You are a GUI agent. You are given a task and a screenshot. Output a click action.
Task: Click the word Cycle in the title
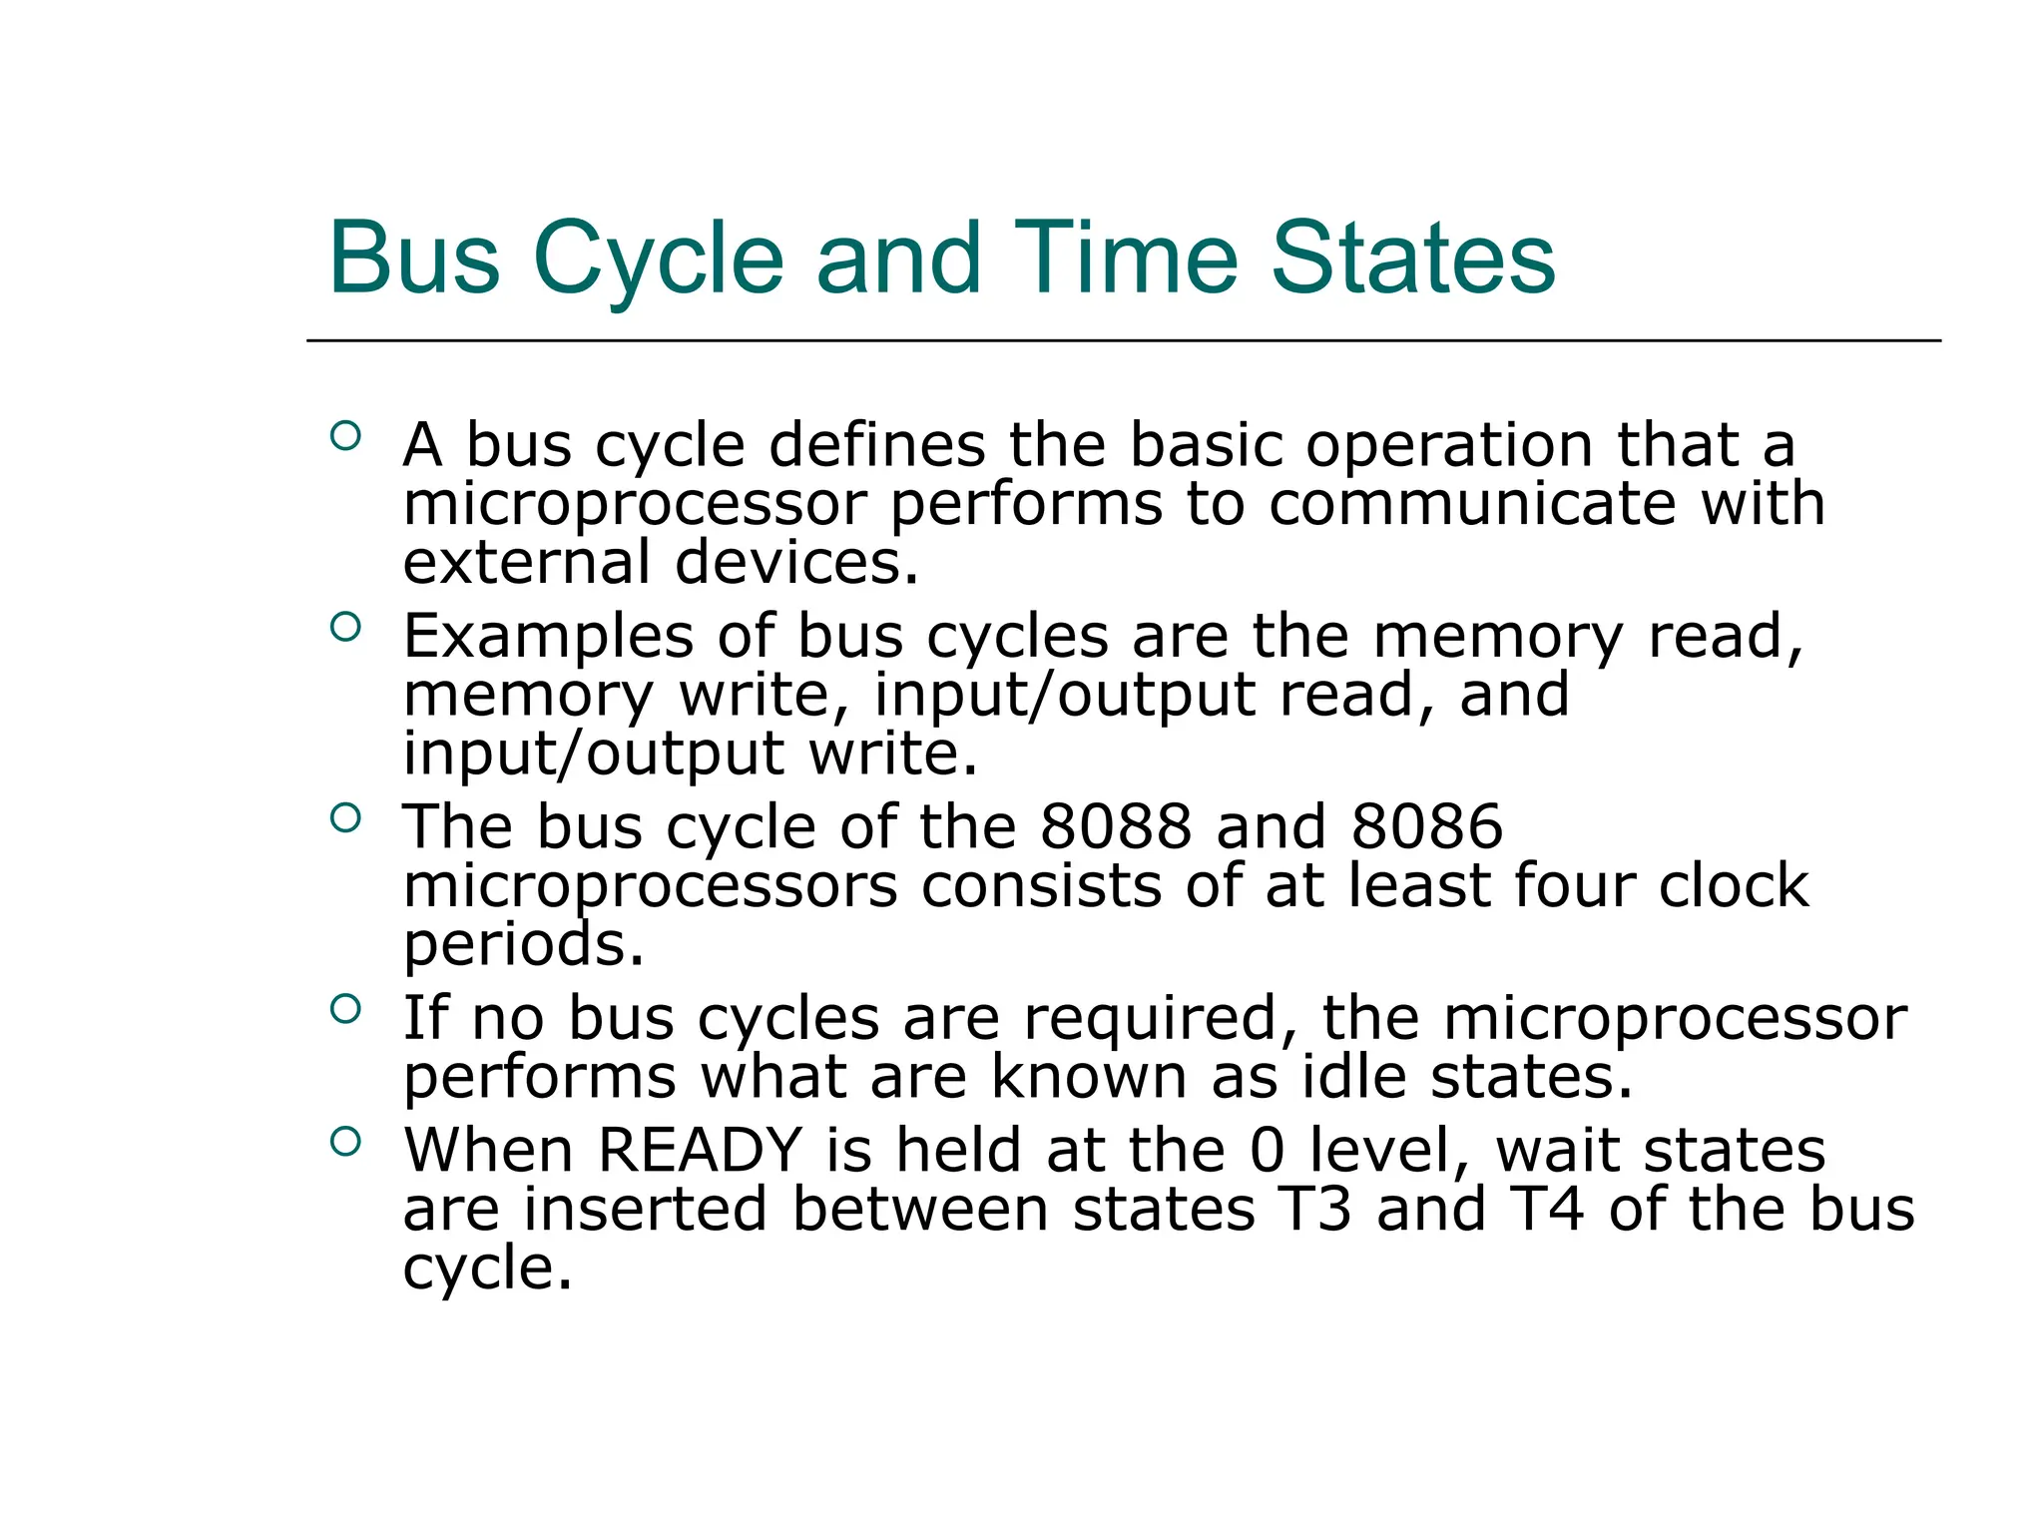659,259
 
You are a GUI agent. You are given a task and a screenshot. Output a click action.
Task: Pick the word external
526,562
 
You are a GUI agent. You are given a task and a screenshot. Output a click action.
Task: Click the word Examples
548,636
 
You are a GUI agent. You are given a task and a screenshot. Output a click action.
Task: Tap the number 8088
1116,826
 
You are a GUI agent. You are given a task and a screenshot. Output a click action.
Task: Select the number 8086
1426,826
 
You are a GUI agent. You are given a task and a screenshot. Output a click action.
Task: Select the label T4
1546,1209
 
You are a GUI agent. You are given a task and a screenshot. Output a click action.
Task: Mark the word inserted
645,1209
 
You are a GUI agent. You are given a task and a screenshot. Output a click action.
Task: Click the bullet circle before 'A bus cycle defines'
344,435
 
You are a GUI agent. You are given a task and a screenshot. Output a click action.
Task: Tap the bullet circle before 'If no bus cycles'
344,1008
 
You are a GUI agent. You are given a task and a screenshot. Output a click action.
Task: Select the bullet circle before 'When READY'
344,1141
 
